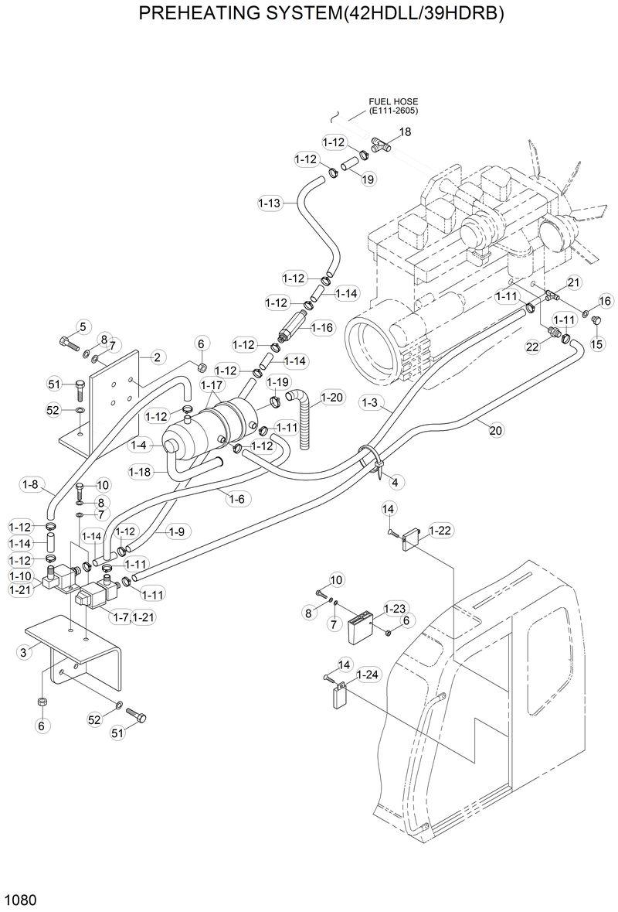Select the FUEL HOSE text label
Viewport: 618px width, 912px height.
[394, 101]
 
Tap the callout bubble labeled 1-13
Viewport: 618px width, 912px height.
[269, 203]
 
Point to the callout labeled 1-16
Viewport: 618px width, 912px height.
[321, 328]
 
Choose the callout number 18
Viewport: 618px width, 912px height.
[405, 132]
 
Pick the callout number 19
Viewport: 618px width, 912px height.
[368, 179]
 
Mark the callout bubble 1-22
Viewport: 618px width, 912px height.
[440, 530]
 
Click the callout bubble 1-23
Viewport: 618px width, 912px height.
[395, 609]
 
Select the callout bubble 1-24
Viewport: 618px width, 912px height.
[369, 675]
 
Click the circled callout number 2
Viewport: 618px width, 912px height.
[156, 357]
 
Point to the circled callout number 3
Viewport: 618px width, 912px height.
[24, 653]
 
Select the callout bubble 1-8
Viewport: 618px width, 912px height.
[31, 485]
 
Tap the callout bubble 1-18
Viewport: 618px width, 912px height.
[141, 472]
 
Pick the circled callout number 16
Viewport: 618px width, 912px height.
[605, 300]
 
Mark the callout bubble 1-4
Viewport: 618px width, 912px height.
[139, 445]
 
